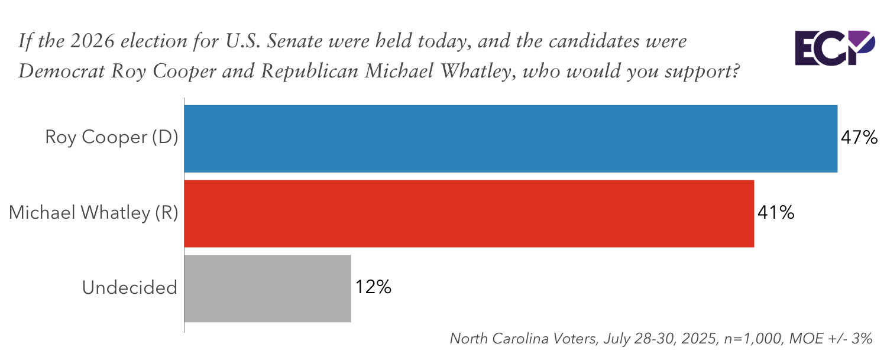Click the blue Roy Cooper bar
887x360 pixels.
point(511,139)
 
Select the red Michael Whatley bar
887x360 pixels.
point(469,213)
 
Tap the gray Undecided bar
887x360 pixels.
point(268,288)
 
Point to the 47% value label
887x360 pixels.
point(859,139)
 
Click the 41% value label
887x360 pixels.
point(775,213)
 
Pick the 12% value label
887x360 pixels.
point(373,288)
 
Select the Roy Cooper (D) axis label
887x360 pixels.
point(112,138)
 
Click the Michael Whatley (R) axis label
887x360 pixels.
point(93,213)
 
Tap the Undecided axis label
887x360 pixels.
point(130,288)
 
